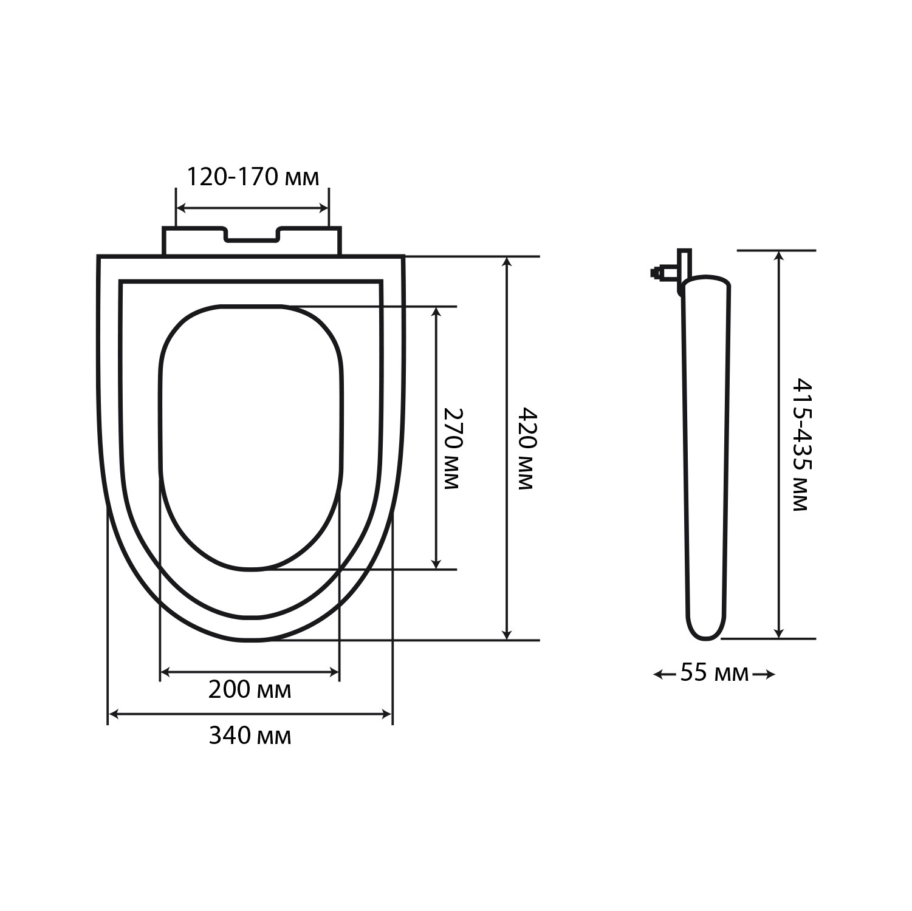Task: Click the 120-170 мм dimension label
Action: click(252, 177)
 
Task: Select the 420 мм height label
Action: click(526, 448)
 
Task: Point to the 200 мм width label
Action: click(250, 690)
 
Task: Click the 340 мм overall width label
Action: click(250, 735)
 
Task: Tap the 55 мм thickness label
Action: click(715, 673)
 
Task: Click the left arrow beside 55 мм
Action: click(665, 674)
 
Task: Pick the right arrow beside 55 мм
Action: click(764, 674)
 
